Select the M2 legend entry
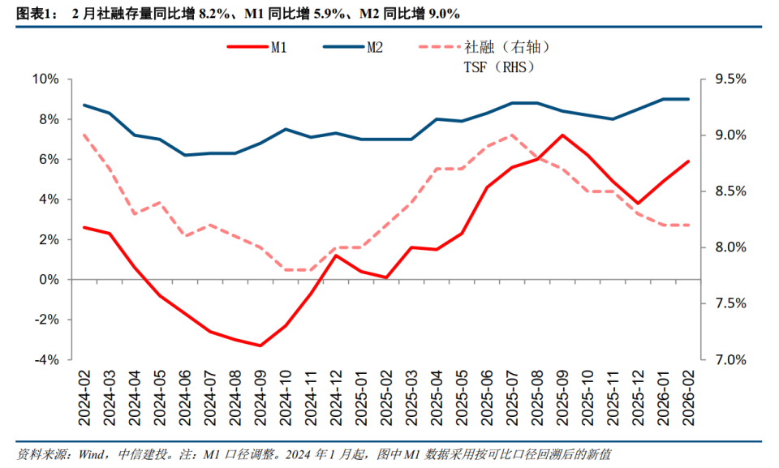coord(357,48)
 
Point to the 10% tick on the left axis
coord(45,79)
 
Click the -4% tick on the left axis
coord(45,359)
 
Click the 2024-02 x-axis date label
coord(84,397)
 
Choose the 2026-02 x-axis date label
coord(688,397)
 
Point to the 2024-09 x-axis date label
coord(260,397)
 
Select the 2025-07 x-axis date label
coord(512,397)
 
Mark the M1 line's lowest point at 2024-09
coord(260,346)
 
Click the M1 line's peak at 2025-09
coord(562,135)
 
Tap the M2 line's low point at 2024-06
coord(185,155)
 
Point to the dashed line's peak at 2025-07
coord(512,135)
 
